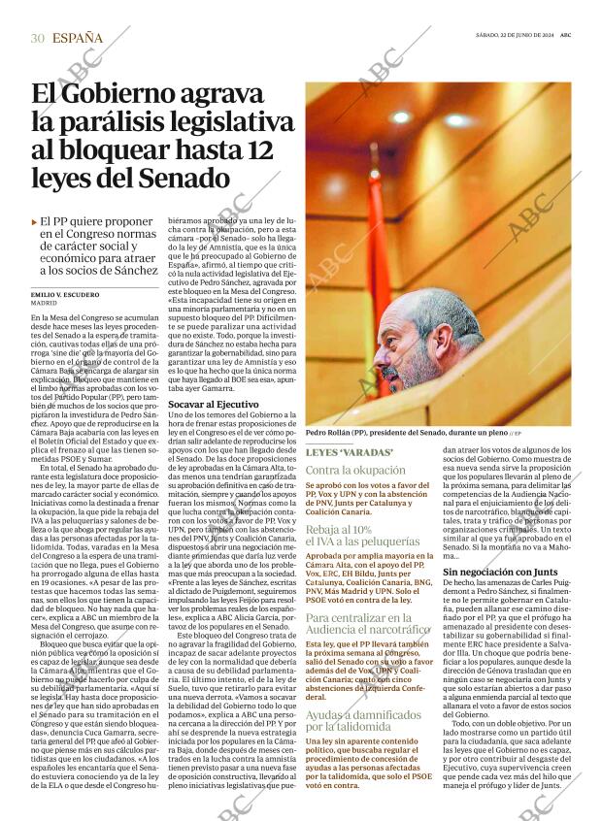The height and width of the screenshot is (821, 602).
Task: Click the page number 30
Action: (37, 38)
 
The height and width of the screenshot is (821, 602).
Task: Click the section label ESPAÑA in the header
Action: (79, 38)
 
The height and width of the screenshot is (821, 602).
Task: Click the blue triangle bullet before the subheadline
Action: (35, 222)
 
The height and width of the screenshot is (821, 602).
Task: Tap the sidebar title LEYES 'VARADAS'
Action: (349, 453)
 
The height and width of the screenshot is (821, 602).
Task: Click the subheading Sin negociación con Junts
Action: (499, 573)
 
